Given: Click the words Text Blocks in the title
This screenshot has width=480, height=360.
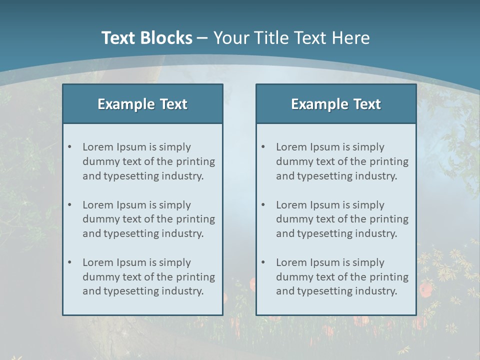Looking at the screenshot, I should pyautogui.click(x=146, y=38).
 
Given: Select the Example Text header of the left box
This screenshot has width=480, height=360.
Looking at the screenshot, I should pyautogui.click(x=142, y=104).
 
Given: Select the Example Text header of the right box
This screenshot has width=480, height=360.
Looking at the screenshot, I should pyautogui.click(x=336, y=104).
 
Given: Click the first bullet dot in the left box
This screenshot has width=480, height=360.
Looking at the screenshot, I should pyautogui.click(x=69, y=147).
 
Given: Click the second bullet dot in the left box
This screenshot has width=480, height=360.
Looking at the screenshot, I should pyautogui.click(x=69, y=205).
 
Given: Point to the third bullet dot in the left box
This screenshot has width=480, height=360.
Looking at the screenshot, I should pyautogui.click(x=69, y=262).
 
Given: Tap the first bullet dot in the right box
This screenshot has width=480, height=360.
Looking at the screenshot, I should pyautogui.click(x=263, y=147).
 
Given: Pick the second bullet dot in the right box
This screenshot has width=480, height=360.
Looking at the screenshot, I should pyautogui.click(x=263, y=205).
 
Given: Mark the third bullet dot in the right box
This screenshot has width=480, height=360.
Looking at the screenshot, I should pyautogui.click(x=263, y=262).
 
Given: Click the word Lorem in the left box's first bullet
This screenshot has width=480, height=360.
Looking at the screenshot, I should pyautogui.click(x=98, y=147).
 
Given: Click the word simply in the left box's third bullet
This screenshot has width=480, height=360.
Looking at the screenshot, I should pyautogui.click(x=175, y=262).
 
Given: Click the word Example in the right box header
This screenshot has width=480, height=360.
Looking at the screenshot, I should pyautogui.click(x=313, y=104).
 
